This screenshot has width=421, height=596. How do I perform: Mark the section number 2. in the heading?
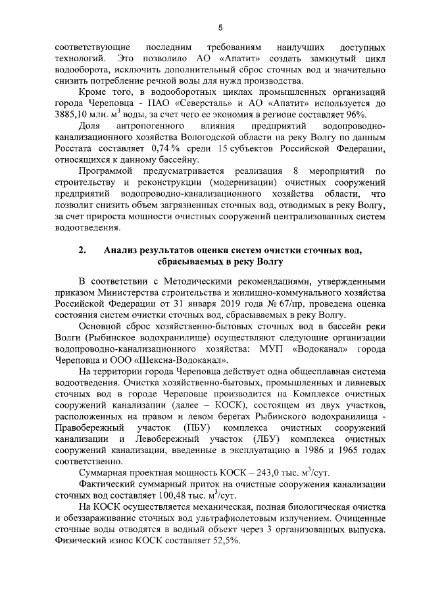[x=82, y=250]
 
